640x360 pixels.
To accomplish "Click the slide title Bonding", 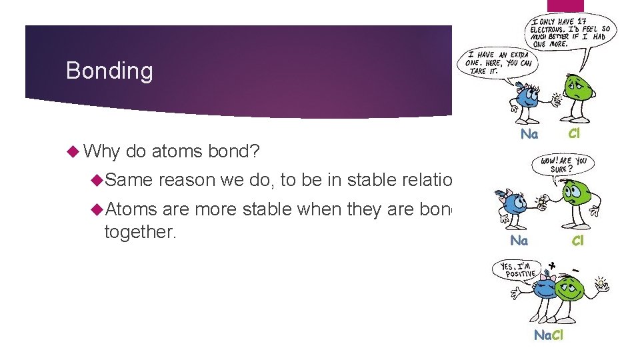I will (x=109, y=71).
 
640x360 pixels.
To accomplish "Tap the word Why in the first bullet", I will (x=101, y=151).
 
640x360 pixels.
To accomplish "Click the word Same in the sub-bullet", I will (x=129, y=180).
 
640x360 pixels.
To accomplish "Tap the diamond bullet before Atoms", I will (x=97, y=209).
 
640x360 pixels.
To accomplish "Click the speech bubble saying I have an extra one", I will (x=496, y=63).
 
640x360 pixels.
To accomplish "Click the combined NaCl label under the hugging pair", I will (x=549, y=335).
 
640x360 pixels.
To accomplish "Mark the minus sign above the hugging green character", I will (x=575, y=269).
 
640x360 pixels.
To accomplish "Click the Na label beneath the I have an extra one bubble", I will (x=529, y=134).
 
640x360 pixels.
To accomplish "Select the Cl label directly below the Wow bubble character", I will (x=577, y=241).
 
